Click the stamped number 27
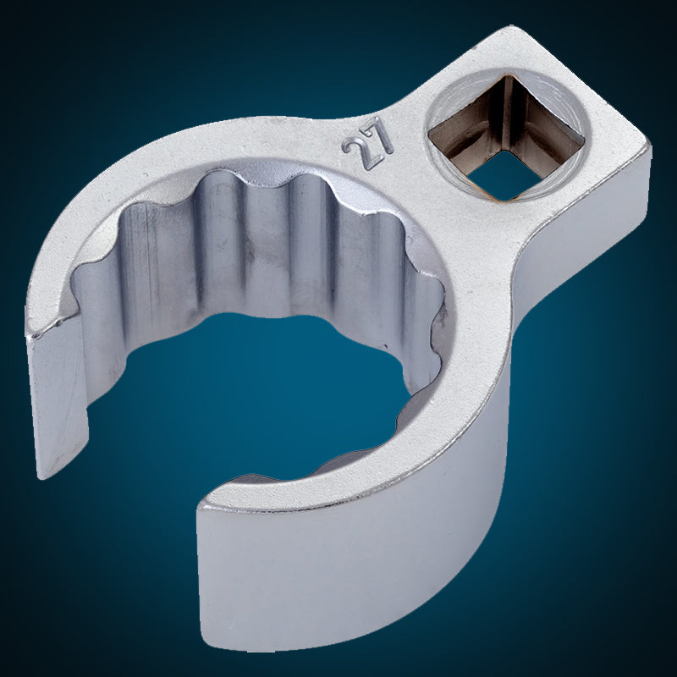point(368,144)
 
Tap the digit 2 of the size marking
point(357,153)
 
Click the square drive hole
point(507,138)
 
